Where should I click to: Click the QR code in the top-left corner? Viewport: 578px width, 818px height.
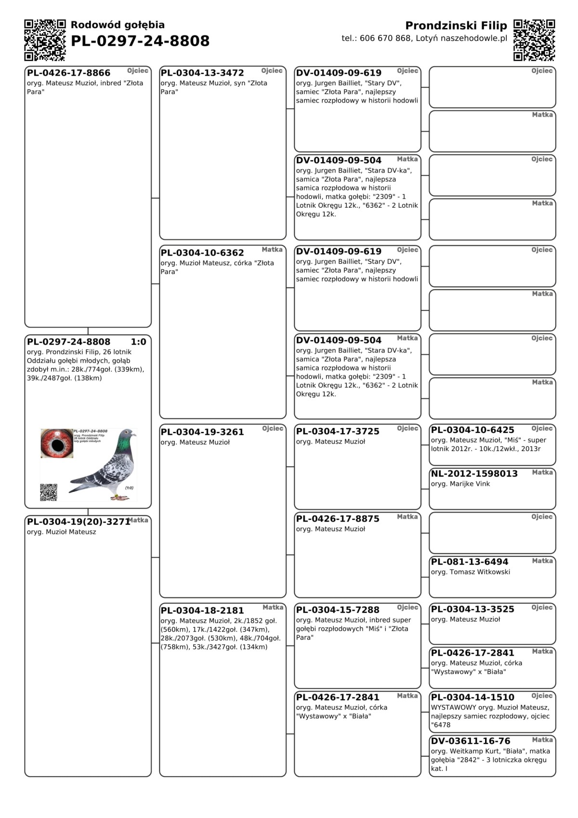tap(45, 40)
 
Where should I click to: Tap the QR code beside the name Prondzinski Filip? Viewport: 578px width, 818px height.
tap(534, 40)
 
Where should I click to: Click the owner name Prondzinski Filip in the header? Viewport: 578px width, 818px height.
tap(456, 26)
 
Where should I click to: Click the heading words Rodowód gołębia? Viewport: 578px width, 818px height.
tap(118, 25)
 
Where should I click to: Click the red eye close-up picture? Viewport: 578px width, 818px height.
tap(57, 443)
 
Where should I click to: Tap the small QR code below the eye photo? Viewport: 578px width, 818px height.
tap(49, 492)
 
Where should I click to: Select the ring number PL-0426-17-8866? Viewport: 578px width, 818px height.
tap(68, 73)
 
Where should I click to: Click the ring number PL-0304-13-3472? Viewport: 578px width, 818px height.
tap(202, 73)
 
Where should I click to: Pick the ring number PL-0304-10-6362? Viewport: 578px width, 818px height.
tap(202, 253)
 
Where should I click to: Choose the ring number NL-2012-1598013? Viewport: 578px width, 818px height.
tap(474, 473)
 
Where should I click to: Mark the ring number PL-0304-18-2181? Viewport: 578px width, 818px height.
tap(202, 610)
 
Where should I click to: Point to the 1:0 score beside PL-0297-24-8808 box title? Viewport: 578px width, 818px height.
tap(138, 342)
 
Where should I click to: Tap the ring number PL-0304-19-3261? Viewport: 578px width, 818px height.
tap(202, 432)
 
